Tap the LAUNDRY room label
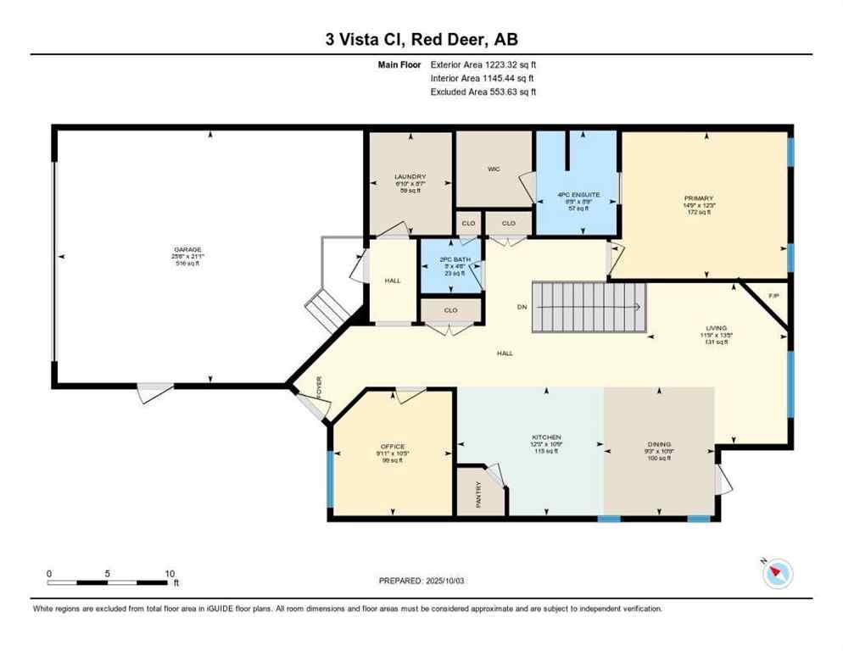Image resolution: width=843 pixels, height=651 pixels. tap(410, 176)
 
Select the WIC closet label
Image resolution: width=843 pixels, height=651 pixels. tap(494, 169)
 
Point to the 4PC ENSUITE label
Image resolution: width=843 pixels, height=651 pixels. tap(578, 194)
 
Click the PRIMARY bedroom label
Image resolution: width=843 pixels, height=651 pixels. tap(705, 198)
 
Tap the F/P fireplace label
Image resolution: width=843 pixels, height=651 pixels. tap(773, 296)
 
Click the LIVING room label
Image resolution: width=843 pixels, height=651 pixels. tap(716, 327)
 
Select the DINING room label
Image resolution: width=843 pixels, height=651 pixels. tap(659, 444)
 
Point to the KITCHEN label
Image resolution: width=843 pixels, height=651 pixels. tap(545, 437)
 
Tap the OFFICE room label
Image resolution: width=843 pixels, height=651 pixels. tap(392, 447)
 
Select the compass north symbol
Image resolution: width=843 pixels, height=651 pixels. tap(776, 574)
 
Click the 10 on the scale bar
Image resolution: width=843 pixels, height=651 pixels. tap(169, 573)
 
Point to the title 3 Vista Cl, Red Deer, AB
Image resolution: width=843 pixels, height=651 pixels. tap(421, 40)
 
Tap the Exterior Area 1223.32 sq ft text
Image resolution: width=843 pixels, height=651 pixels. tap(483, 64)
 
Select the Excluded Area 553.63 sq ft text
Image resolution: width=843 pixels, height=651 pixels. tap(483, 92)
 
